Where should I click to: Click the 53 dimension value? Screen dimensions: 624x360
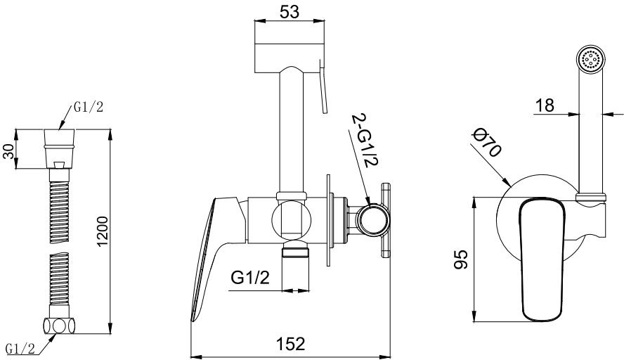[x=290, y=12]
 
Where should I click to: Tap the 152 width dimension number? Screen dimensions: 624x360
[x=290, y=344]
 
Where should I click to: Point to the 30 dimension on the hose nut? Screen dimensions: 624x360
[x=8, y=151]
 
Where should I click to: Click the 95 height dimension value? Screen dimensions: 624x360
[x=461, y=259]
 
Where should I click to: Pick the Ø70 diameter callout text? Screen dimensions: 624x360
[x=486, y=143]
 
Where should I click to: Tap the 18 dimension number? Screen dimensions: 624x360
[x=545, y=106]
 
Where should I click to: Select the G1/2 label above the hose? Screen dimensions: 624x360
[x=88, y=107]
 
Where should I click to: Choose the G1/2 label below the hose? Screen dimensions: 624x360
[x=20, y=349]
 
